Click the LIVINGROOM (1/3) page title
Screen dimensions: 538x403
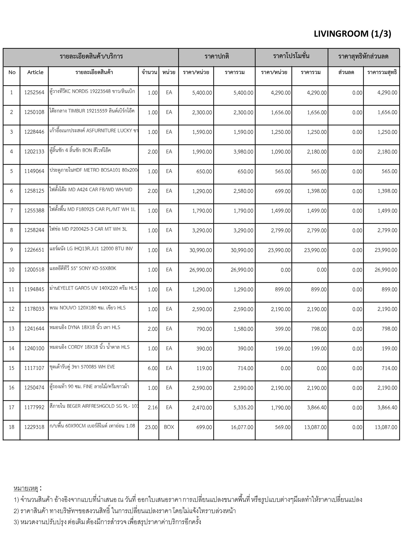pos(352,34)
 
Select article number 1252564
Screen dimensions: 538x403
pos(34,92)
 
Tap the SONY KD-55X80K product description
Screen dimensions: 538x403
pos(83,268)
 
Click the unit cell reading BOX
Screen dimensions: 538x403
pos(169,427)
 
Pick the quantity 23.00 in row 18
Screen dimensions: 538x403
pos(151,427)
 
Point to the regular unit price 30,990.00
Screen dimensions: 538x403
pos(200,250)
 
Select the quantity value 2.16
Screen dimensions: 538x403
pos(152,408)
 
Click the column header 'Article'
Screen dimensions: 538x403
pos(35,72)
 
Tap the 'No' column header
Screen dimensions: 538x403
pos(12,72)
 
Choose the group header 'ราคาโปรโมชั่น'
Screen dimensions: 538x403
pos(291,56)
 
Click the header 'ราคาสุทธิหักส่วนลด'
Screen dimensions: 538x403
pos(363,56)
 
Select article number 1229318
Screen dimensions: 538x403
pos(34,427)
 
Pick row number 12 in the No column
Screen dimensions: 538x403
pos(12,309)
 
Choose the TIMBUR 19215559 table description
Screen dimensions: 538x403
pos(92,111)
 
